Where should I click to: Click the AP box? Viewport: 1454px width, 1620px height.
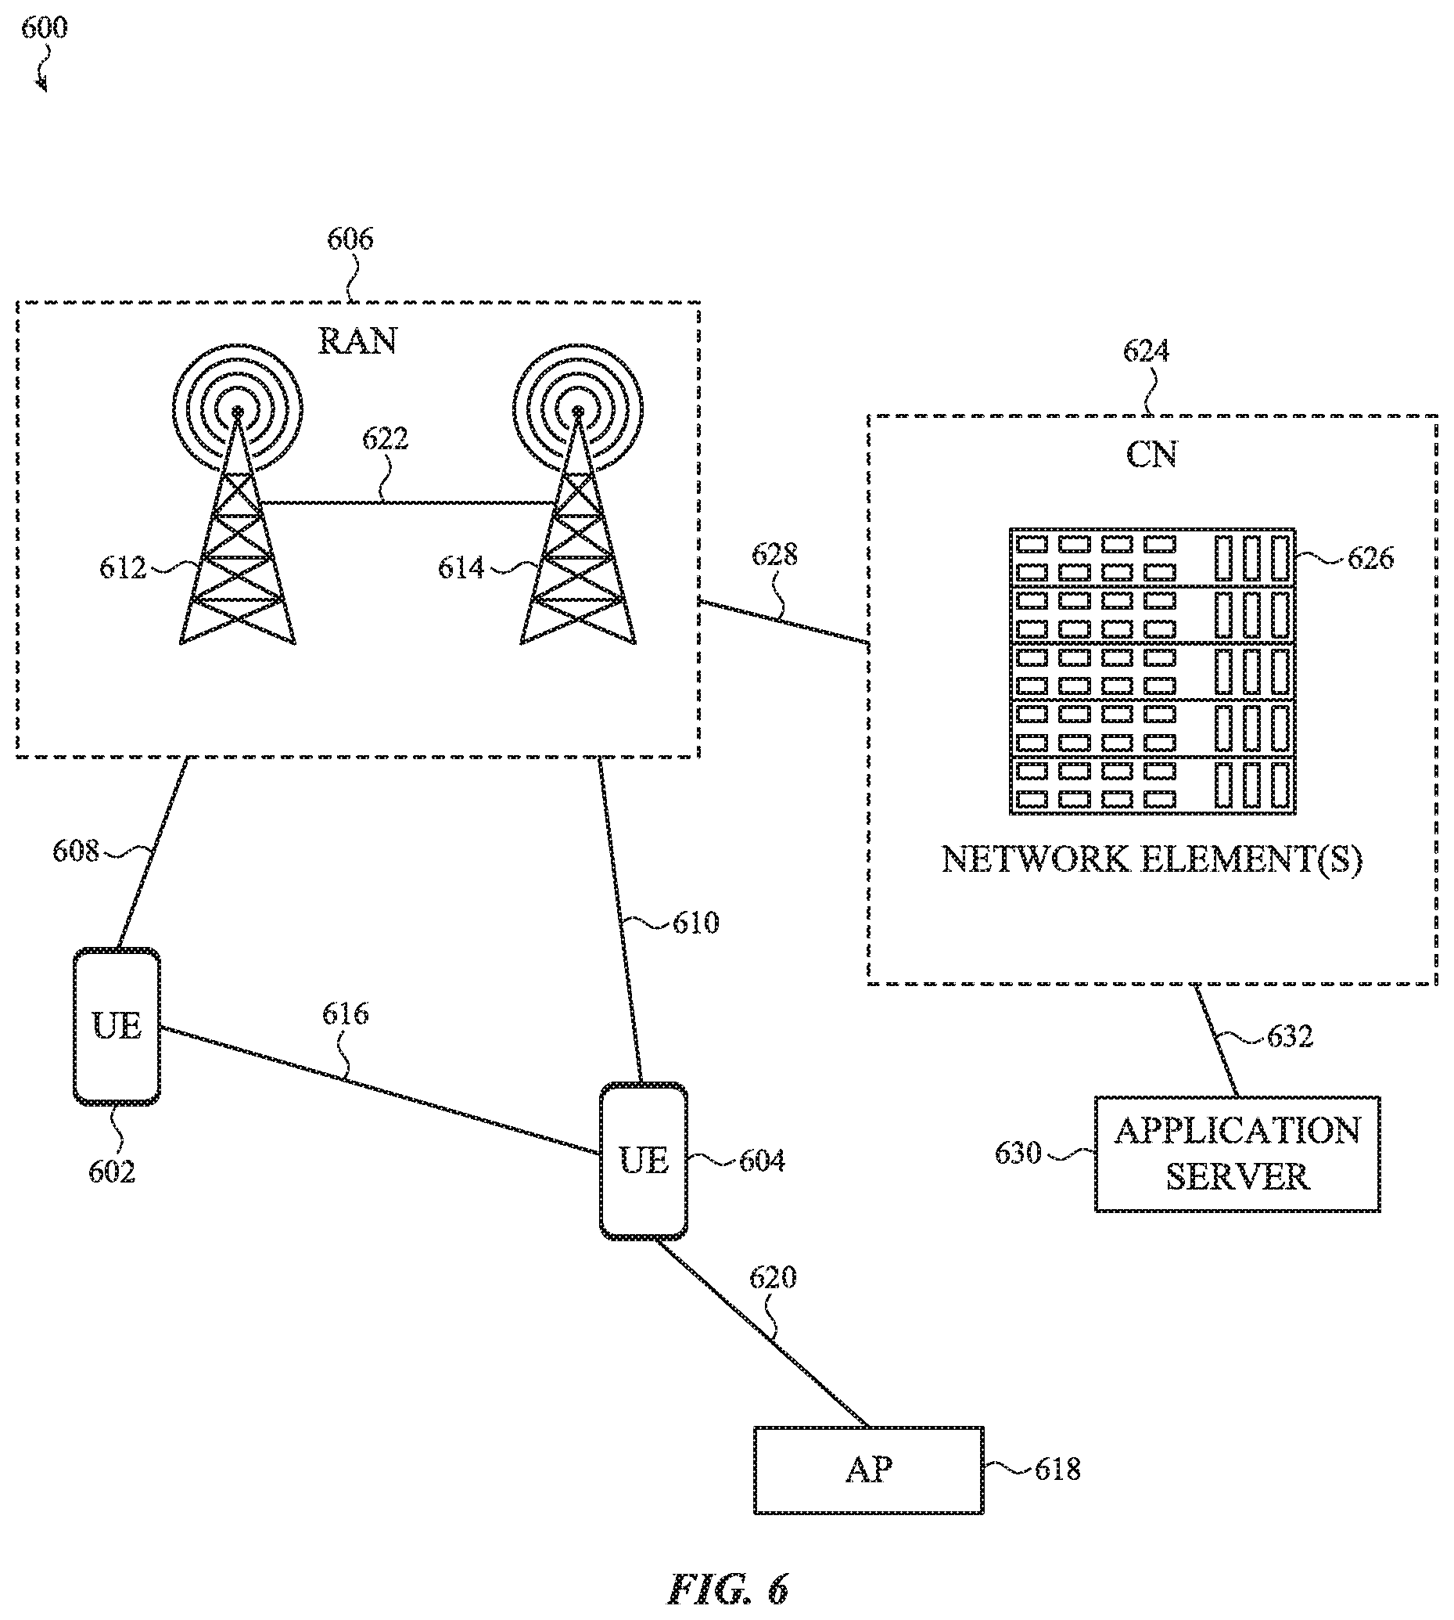click(868, 1469)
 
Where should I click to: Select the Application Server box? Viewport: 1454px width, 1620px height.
click(1237, 1154)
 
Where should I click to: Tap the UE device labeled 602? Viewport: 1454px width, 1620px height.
click(117, 1026)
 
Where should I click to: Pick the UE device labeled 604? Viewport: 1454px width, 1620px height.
click(643, 1161)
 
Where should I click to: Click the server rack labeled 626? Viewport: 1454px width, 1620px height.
click(1152, 671)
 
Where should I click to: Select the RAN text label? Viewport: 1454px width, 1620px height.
click(357, 341)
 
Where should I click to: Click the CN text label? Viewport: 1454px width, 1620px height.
click(1151, 455)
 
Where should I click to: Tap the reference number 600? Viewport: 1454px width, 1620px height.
click(44, 28)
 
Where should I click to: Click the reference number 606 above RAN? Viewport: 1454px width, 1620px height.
click(350, 239)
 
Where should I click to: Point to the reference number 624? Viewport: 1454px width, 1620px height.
click(1147, 351)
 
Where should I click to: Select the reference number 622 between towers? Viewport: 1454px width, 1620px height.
click(385, 438)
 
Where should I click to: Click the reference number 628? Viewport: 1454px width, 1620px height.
click(774, 554)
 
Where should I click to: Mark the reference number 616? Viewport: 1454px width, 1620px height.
click(345, 1013)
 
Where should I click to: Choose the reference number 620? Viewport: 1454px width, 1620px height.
click(773, 1277)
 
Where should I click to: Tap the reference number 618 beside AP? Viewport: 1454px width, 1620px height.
click(1057, 1469)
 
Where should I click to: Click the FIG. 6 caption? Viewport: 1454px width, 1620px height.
click(728, 1589)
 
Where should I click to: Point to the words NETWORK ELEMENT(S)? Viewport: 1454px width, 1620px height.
click(1152, 860)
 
